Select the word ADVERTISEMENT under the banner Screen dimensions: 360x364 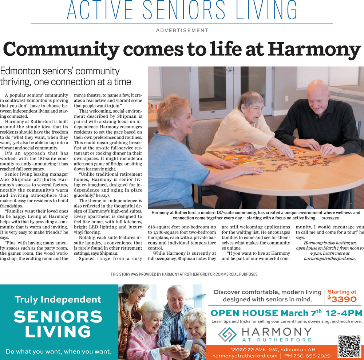tap(182, 31)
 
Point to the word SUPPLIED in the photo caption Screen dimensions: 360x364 tap(330, 218)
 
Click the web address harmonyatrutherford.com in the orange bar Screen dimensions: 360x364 tap(245, 356)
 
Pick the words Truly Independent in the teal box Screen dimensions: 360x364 tap(58, 300)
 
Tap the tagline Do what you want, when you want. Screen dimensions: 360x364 tap(58, 352)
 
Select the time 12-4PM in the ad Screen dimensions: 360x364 tap(344, 313)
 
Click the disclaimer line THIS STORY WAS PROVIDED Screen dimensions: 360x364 tap(184, 274)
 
